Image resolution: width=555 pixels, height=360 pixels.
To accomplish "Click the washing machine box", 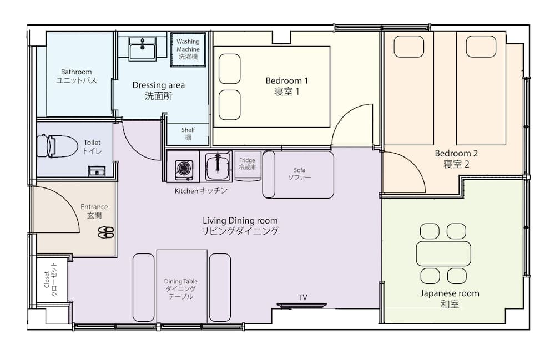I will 188,49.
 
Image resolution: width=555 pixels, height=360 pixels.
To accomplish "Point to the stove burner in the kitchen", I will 184,168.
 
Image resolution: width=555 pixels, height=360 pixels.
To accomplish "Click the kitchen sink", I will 217,166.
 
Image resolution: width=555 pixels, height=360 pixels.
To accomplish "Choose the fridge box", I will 247,164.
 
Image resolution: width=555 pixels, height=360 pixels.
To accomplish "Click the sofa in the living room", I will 299,174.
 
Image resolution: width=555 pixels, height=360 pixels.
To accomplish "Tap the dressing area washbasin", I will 143,49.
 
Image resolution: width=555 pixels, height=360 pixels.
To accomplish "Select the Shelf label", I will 188,134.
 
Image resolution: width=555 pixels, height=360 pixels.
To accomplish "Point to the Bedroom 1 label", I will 287,86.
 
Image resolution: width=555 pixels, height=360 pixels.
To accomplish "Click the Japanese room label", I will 450,298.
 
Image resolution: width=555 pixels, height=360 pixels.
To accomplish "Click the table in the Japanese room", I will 443,253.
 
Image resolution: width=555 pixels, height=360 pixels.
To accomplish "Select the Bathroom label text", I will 77,76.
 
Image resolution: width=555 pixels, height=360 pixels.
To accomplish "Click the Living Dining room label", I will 240,226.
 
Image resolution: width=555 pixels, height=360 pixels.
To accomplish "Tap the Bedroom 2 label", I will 456,158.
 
